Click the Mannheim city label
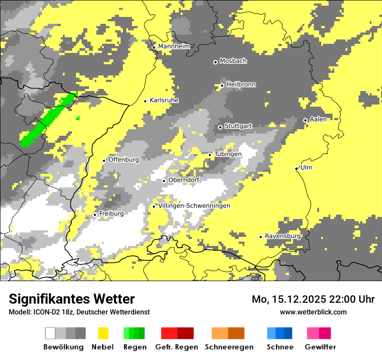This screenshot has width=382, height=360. [174, 46]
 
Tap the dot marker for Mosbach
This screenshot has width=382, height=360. [215, 62]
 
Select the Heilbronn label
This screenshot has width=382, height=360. [241, 85]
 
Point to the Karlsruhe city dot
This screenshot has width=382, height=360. [145, 101]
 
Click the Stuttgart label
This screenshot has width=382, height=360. [238, 126]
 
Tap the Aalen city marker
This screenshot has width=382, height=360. [305, 120]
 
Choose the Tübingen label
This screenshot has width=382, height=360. [228, 154]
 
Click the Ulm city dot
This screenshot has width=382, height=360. [296, 168]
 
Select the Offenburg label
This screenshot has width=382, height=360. [123, 160]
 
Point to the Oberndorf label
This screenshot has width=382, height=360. [184, 180]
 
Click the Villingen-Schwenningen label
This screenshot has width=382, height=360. [194, 206]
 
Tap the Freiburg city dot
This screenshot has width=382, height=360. [95, 215]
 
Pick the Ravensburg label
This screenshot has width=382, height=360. [283, 236]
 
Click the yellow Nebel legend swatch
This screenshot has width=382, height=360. [103, 333]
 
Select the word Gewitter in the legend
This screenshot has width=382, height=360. [320, 347]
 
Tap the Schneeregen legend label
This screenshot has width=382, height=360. [229, 347]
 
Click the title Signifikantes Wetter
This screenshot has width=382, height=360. [72, 299]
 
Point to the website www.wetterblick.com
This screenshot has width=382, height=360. [313, 312]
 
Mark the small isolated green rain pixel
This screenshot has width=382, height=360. [78, 118]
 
